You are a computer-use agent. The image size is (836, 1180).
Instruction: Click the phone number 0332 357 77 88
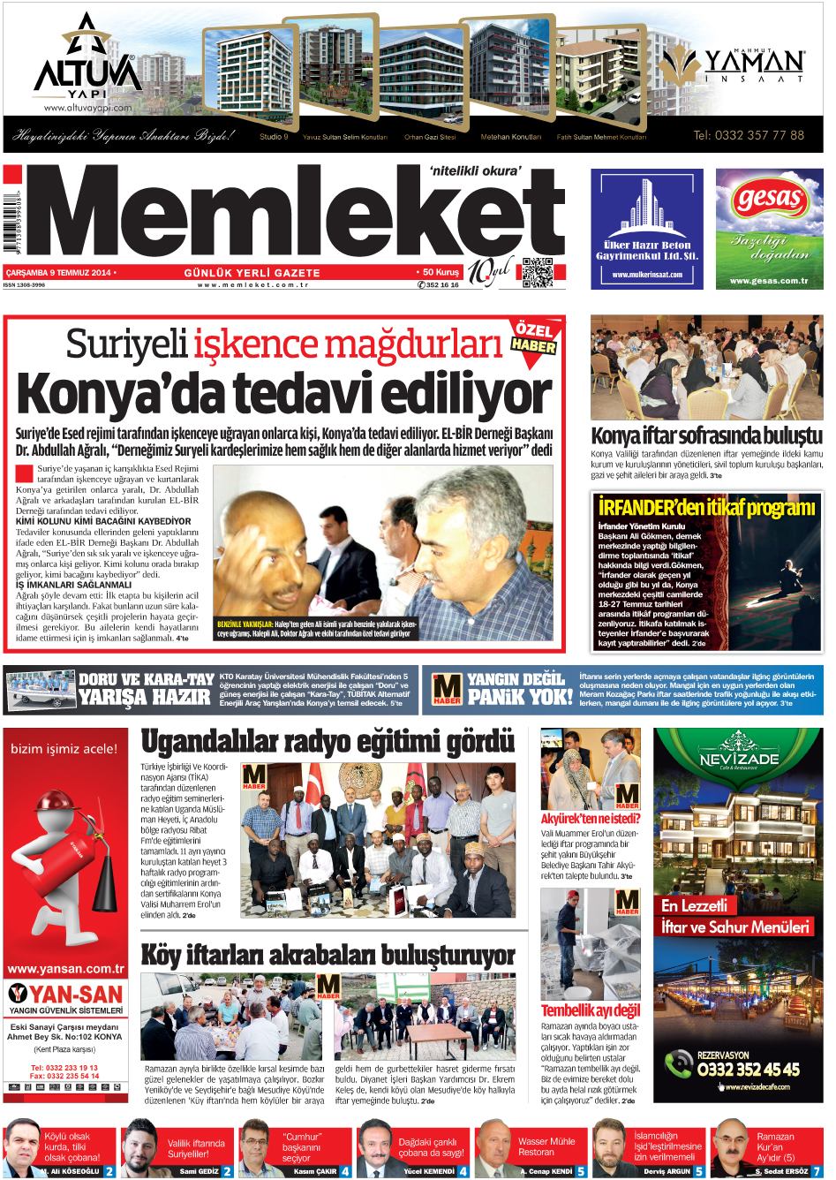(749, 135)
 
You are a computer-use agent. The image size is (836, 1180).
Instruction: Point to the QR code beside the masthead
(538, 273)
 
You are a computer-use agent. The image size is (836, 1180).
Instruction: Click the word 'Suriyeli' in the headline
(127, 344)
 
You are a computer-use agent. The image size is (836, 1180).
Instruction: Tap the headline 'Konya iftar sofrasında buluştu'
(706, 435)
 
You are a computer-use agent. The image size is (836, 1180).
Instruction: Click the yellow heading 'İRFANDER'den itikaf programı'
(706, 507)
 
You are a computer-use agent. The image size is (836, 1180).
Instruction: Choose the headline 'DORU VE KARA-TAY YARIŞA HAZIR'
(146, 689)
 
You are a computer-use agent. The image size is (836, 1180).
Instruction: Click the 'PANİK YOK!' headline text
(520, 697)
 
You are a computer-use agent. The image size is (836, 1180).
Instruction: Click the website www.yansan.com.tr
(66, 968)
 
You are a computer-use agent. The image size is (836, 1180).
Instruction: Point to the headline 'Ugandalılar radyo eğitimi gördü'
(328, 742)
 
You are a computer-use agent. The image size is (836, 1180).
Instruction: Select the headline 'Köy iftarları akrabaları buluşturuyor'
(328, 955)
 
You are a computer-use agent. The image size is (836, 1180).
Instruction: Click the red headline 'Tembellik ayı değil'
(591, 1010)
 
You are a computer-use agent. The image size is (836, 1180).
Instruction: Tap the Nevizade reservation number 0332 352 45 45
(748, 1070)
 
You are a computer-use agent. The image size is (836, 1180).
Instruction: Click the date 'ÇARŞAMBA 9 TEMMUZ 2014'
(58, 273)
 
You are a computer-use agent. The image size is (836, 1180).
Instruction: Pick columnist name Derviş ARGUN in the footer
(667, 1171)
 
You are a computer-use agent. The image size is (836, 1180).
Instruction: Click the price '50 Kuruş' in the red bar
(441, 273)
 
